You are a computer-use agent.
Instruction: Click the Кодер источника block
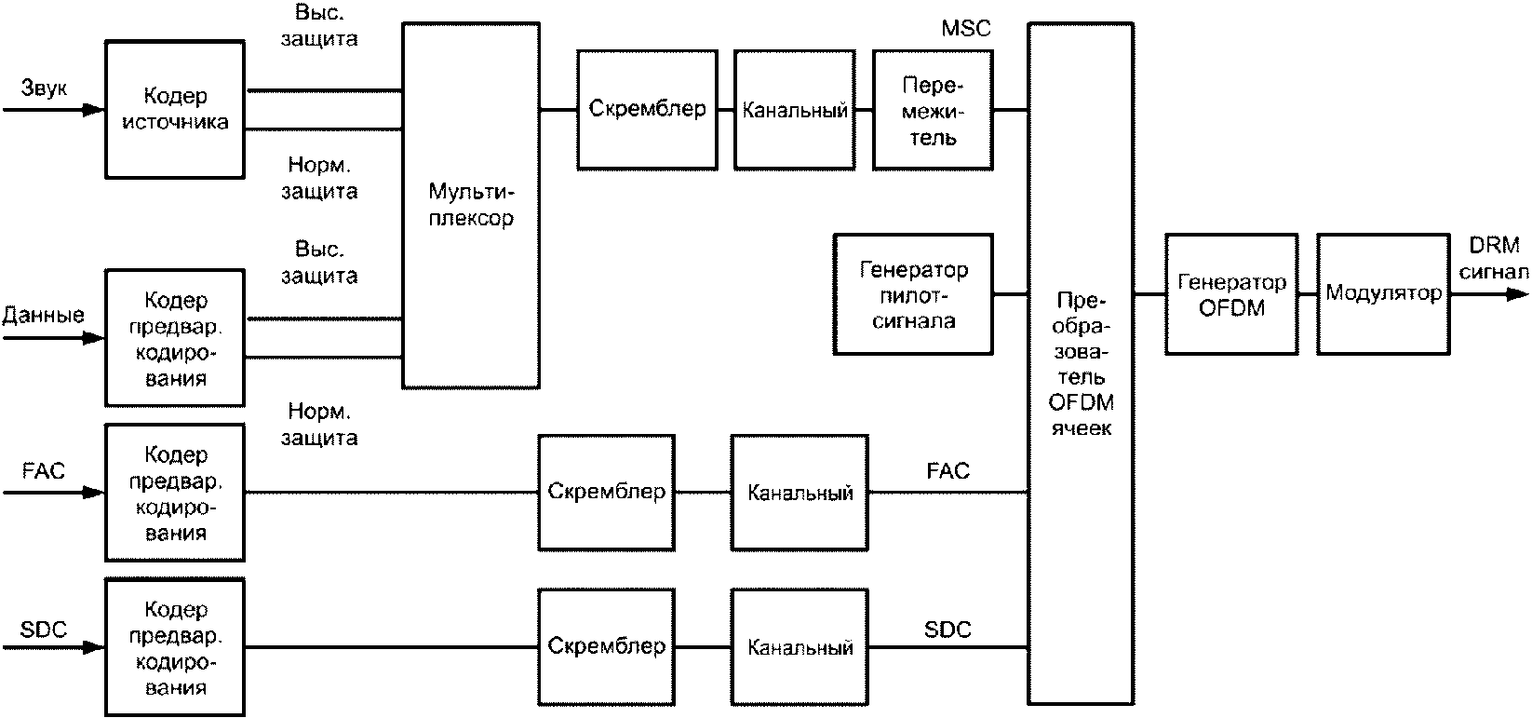coord(175,109)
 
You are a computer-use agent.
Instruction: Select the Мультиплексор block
coord(471,205)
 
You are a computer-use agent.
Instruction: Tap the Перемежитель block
coord(933,110)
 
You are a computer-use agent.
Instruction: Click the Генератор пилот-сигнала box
coord(913,294)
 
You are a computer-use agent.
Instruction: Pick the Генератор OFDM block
coord(1230,294)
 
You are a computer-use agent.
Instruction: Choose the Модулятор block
coord(1383,294)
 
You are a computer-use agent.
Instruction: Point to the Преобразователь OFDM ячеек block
coord(1082,363)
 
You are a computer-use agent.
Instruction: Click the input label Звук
coord(43,89)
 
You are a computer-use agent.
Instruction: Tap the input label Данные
coord(43,315)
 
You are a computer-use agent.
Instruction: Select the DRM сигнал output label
coord(1493,258)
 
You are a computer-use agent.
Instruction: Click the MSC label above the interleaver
coord(965,29)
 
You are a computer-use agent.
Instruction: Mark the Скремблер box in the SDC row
coord(606,645)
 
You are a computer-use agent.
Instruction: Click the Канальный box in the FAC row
coord(800,492)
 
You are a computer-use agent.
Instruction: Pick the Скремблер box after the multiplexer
coord(646,109)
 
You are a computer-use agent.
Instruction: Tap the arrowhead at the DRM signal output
coord(1517,294)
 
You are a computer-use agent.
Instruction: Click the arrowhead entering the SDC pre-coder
coord(94,646)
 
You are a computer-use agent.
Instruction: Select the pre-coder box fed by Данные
coord(175,337)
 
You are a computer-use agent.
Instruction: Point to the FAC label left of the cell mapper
coord(947,470)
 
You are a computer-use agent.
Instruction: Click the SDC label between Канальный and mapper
coord(947,630)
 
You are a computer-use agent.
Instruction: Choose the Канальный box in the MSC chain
coord(794,110)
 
